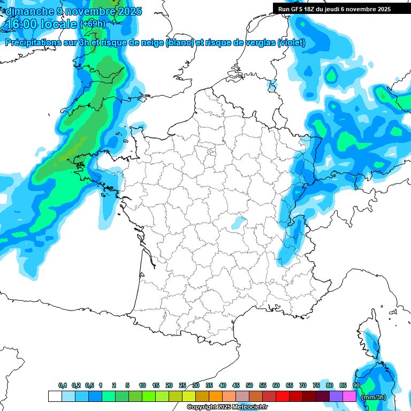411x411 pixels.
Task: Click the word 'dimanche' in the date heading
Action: click(27, 11)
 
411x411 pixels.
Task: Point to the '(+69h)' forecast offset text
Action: click(93, 24)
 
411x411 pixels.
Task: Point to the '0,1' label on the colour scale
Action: click(63, 386)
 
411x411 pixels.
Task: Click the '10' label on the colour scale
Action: click(142, 386)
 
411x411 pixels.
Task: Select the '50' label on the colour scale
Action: click(249, 386)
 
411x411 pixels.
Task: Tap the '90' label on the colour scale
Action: click(356, 386)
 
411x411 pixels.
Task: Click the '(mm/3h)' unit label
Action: click(374, 397)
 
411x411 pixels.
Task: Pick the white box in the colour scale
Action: click(55, 397)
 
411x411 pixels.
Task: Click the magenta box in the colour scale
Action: click(349, 397)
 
